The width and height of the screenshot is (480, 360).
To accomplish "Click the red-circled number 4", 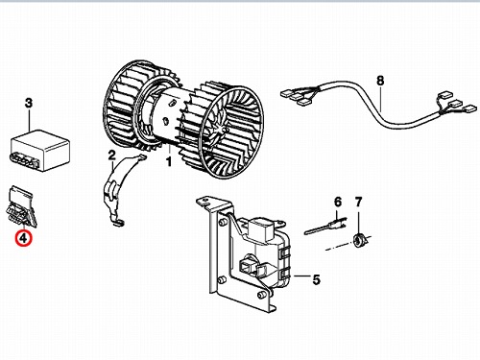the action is [x=24, y=238].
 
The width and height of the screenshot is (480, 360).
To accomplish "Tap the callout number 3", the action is [x=29, y=103].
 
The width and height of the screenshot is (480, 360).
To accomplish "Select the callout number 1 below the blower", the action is [x=169, y=161].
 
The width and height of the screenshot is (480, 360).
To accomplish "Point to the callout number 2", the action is [x=111, y=156].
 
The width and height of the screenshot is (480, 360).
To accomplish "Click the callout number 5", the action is [x=316, y=279].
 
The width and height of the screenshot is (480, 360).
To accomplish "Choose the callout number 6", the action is [x=338, y=202].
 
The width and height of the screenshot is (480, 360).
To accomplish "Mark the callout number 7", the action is [x=358, y=202].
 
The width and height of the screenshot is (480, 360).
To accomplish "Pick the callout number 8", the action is [x=380, y=81].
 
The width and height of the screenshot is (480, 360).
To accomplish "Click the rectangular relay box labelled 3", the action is [x=39, y=150].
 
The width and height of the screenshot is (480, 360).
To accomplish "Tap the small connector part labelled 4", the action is [x=21, y=206].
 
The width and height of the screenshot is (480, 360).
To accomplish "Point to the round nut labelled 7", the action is [x=358, y=240].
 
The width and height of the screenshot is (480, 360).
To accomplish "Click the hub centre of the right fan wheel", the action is [x=224, y=130].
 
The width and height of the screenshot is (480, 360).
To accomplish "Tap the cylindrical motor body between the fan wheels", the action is [x=170, y=117].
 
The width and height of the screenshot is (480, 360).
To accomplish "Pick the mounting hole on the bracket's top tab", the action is [x=204, y=201].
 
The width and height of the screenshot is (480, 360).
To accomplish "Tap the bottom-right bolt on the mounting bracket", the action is [x=262, y=295].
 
